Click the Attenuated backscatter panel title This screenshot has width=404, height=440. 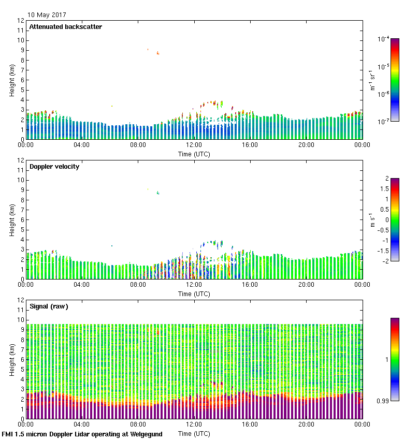click(x=65, y=27)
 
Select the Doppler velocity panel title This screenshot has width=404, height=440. click(x=54, y=167)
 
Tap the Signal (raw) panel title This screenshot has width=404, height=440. click(x=49, y=306)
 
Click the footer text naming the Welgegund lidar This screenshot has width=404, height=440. click(x=82, y=434)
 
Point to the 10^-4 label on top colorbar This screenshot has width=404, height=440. click(x=383, y=39)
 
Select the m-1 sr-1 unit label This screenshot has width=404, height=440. click(x=372, y=80)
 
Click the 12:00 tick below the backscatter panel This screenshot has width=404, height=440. click(x=194, y=145)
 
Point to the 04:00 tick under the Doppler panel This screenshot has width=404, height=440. click(x=82, y=285)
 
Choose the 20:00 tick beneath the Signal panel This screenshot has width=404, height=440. click(x=306, y=424)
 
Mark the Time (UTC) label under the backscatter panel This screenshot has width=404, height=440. click(x=194, y=154)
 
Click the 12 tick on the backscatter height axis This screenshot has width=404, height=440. click(x=21, y=21)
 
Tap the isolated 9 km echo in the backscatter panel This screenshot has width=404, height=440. click(x=158, y=53)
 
